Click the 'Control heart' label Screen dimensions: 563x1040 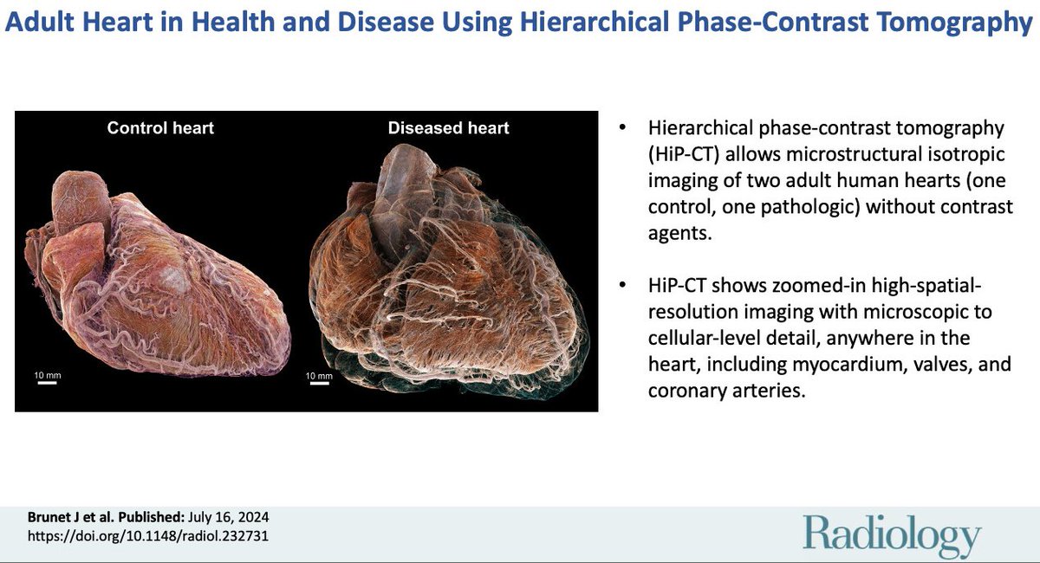pos(160,128)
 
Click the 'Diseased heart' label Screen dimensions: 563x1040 pos(448,128)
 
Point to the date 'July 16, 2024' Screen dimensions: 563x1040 pos(233,517)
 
